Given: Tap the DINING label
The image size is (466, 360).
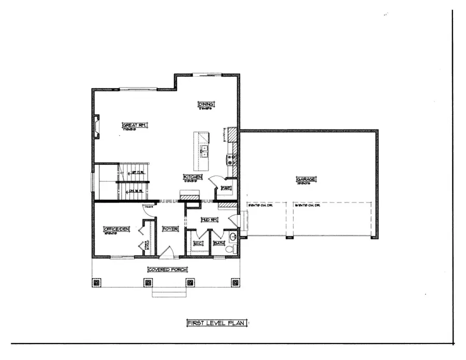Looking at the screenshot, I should tap(206, 105).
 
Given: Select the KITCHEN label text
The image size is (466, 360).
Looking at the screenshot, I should tap(192, 177).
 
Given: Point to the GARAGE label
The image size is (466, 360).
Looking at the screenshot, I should tap(307, 179).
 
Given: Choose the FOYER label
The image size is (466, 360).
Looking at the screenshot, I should tap(169, 229).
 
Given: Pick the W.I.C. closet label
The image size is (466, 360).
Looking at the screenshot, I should tap(198, 243).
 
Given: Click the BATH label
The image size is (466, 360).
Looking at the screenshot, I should tap(219, 243).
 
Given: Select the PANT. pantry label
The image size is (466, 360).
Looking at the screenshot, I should tap(226, 188).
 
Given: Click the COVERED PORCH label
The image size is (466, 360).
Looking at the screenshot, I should tap(167, 269).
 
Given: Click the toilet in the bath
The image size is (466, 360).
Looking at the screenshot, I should tap(231, 249).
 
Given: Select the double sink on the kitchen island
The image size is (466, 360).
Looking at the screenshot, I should tap(205, 151).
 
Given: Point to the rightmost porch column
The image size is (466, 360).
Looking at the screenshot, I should tap(233, 282).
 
